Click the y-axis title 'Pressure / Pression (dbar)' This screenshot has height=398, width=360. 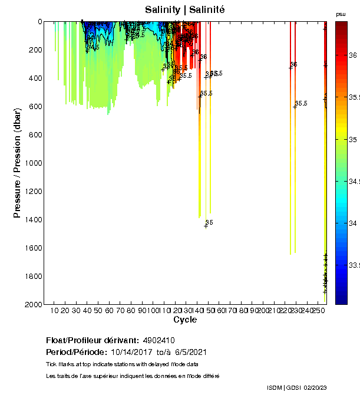(x=17, y=162)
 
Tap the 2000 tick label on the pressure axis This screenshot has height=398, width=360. (x=33, y=304)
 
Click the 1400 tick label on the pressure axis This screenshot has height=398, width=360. (x=33, y=219)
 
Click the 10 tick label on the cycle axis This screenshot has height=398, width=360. (x=54, y=310)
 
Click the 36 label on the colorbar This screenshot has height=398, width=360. (x=353, y=55)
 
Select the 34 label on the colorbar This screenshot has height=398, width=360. (x=353, y=224)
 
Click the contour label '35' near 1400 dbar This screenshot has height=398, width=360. (x=209, y=222)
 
